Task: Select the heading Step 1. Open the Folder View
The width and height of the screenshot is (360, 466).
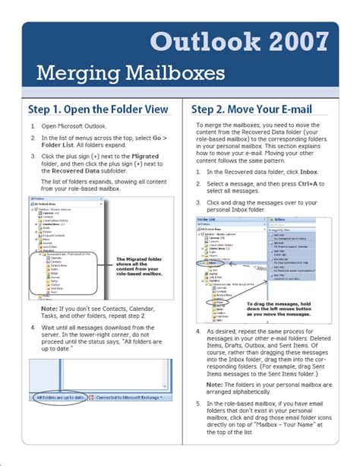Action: click(x=98, y=109)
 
